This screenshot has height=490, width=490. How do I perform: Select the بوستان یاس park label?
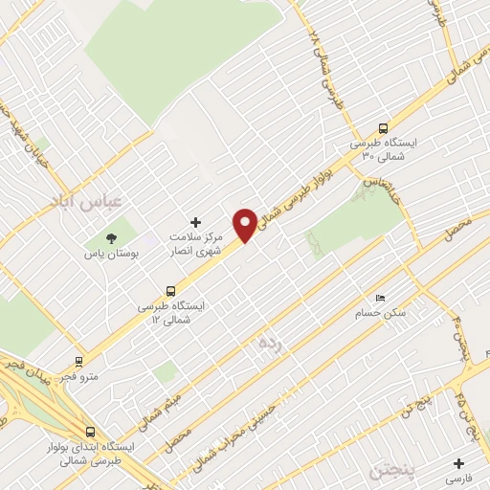[114, 256]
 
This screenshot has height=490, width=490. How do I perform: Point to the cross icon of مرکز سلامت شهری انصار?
[197, 222]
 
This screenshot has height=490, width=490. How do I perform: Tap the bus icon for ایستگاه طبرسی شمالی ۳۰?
[384, 127]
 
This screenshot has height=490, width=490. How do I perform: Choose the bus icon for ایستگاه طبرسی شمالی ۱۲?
[171, 290]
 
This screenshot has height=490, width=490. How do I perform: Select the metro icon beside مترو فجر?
[78, 362]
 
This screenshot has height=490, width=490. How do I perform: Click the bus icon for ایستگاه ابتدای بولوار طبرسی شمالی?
[90, 432]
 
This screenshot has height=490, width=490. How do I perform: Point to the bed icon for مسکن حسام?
[381, 298]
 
